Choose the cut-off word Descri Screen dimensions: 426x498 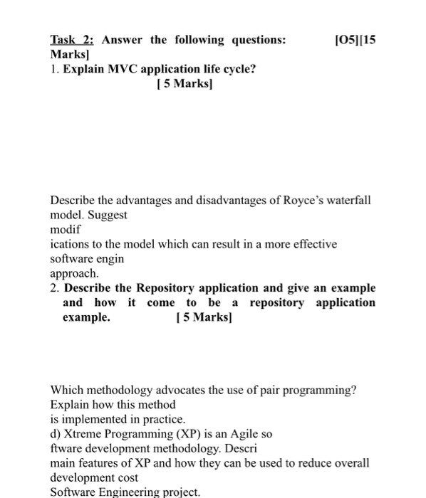point(241,448)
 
